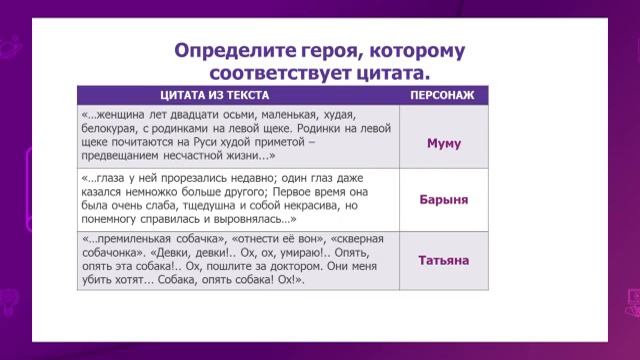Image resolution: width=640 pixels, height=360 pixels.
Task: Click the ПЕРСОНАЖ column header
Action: [x=443, y=95]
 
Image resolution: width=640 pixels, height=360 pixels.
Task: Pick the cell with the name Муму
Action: [x=443, y=143]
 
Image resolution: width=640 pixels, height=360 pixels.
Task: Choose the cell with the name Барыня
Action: [x=443, y=198]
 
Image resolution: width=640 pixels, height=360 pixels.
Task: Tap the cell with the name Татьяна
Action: [x=443, y=260]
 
